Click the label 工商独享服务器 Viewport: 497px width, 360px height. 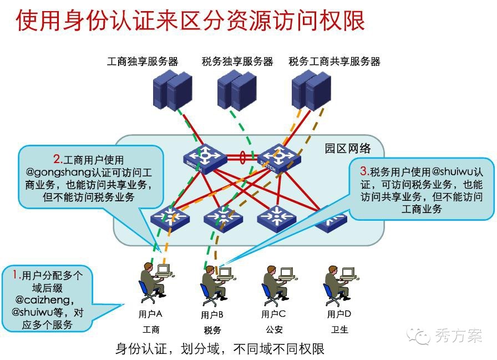143,62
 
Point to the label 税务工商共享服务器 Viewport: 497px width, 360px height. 334,62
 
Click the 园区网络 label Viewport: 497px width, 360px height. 348,149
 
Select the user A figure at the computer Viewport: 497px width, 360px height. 154,283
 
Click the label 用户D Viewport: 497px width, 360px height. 339,314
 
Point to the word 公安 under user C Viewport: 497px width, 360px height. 274,329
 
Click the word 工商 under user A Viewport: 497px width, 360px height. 151,329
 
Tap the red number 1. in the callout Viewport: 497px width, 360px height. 17,275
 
